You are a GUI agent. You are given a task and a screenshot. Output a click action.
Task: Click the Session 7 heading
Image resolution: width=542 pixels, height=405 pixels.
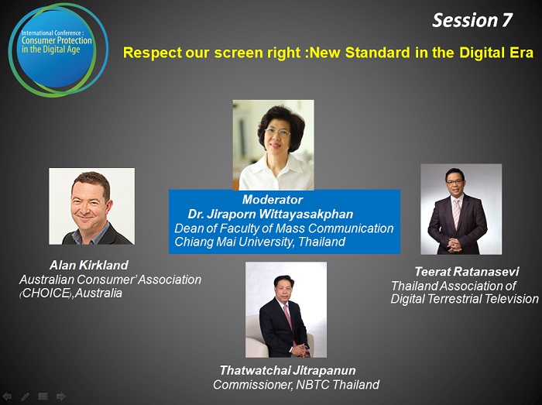tap(472, 20)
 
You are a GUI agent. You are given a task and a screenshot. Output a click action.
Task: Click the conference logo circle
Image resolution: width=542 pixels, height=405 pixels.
tap(58, 50)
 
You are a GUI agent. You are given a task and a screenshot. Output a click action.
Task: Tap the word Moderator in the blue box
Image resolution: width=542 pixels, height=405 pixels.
tap(273, 199)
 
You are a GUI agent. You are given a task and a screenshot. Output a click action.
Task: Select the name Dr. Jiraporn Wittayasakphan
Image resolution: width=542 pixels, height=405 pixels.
tap(270, 214)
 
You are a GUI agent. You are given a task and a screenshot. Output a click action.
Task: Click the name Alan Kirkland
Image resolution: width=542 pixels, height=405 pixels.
tap(89, 265)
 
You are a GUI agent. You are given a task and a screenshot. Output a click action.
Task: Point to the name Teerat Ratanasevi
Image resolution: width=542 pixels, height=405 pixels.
tap(467, 271)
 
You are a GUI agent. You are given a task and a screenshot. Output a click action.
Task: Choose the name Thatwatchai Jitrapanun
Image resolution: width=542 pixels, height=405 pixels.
tap(287, 370)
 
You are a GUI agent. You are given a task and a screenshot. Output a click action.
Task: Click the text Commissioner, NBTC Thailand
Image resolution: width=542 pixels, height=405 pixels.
tap(297, 385)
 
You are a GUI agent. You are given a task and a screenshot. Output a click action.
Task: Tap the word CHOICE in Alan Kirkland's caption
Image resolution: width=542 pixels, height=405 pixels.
tap(46, 293)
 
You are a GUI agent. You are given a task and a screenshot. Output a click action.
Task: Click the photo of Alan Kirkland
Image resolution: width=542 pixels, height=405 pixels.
tap(91, 206)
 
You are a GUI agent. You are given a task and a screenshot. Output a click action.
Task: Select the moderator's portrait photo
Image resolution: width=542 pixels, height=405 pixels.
tap(273, 145)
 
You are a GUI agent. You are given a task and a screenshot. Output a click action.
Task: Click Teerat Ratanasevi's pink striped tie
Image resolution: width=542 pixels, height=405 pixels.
tap(457, 213)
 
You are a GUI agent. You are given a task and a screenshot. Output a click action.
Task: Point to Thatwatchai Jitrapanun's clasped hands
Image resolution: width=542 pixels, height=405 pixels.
tap(300, 350)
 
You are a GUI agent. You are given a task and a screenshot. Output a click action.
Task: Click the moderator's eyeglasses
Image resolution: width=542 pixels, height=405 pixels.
tap(277, 132)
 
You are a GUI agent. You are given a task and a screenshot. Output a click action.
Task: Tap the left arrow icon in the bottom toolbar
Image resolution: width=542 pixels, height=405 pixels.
tap(7, 396)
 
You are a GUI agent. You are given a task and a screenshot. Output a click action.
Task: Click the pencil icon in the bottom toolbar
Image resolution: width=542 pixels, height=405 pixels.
tap(25, 396)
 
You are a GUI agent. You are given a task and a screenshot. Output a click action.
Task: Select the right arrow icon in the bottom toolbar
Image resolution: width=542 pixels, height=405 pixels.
tap(61, 396)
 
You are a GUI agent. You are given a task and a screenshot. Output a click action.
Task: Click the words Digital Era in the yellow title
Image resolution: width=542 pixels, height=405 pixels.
tap(496, 53)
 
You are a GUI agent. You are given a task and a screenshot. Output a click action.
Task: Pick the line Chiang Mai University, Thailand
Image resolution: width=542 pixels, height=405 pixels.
tap(259, 242)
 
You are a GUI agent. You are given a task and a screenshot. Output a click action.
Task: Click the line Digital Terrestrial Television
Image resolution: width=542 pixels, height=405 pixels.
tap(465, 299)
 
